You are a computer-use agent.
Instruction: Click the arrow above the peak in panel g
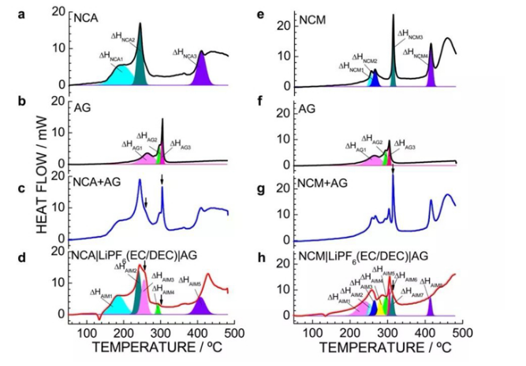pos(393,168)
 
